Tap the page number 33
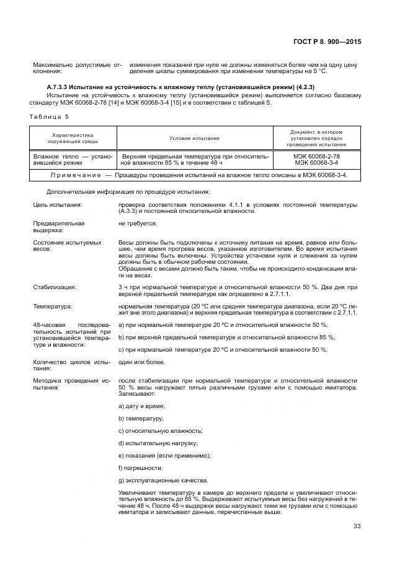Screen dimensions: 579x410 click(357, 526)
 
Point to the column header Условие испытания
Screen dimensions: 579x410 click(195, 138)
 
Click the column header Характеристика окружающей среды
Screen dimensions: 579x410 click(73, 138)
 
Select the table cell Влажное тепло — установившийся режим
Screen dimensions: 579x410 click(73, 160)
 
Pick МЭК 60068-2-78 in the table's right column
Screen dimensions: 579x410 click(316, 157)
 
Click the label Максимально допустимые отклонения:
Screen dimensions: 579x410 click(73, 67)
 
